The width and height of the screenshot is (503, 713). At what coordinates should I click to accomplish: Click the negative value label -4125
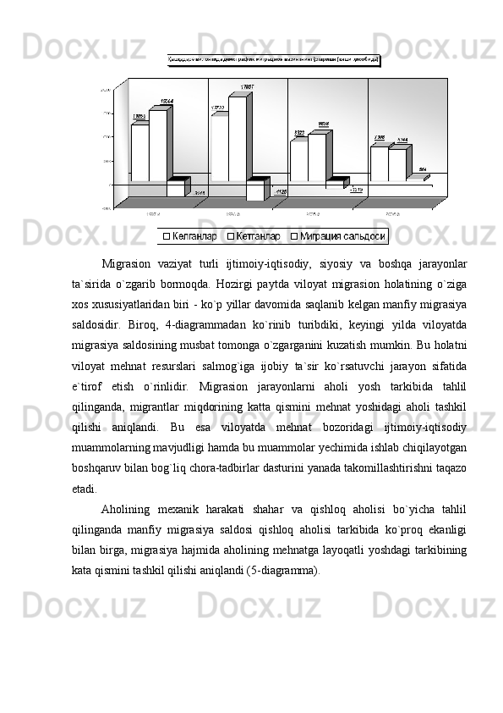(x=281, y=192)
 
